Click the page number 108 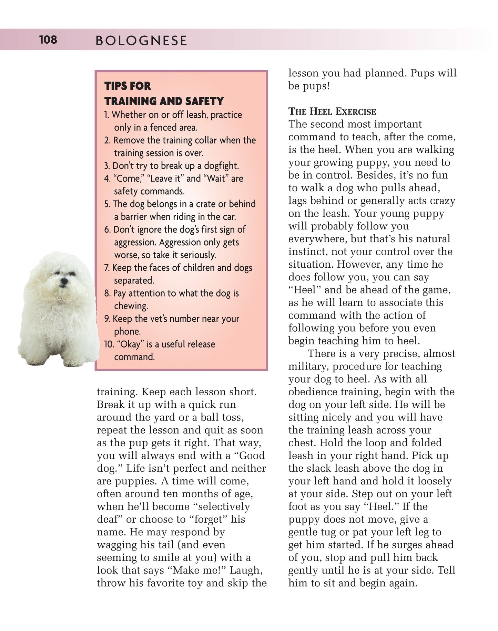pyautogui.click(x=48, y=40)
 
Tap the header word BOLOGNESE pyautogui.click(x=141, y=41)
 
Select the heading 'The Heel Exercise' pyautogui.click(x=332, y=111)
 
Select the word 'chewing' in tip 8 pyautogui.click(x=131, y=306)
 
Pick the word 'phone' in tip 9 pyautogui.click(x=127, y=331)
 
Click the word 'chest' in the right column pyautogui.click(x=302, y=443)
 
